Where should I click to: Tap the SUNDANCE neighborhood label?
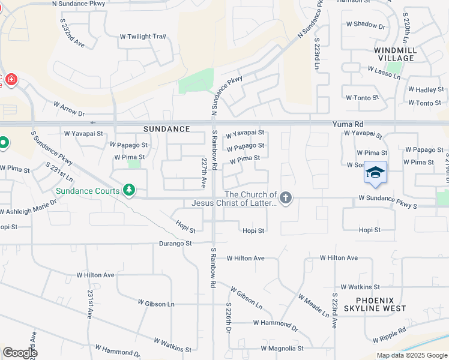(x=167, y=129)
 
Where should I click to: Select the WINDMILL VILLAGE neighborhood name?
(x=394, y=54)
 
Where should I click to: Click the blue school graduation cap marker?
(x=375, y=172)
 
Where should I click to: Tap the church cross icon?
(x=286, y=197)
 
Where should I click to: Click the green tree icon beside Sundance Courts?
(x=128, y=191)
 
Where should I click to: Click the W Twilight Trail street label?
(x=142, y=37)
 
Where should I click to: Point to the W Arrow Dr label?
(x=69, y=109)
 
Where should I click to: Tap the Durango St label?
(x=175, y=244)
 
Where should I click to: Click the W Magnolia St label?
(x=282, y=348)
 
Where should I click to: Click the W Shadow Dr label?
(x=366, y=25)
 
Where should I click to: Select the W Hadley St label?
(x=426, y=89)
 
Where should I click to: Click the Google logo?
(x=19, y=353)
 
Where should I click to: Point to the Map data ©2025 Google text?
(x=411, y=356)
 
